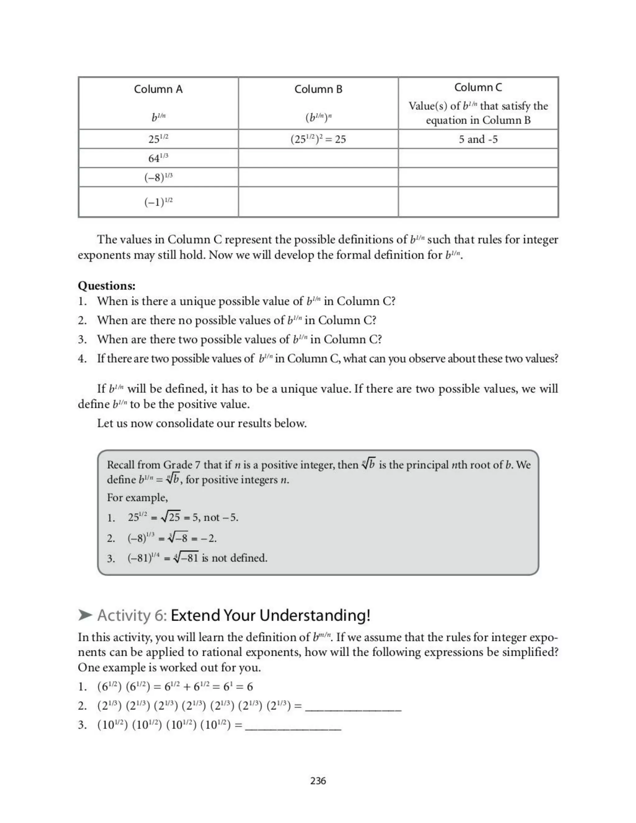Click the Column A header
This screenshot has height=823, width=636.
click(158, 89)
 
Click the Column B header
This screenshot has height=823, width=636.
click(318, 89)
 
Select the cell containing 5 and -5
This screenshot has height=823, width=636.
click(478, 139)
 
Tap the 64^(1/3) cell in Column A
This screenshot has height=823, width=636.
click(158, 158)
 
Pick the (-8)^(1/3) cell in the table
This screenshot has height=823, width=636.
click(158, 177)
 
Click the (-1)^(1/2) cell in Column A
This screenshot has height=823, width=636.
click(158, 202)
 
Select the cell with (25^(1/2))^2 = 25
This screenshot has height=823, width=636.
click(318, 139)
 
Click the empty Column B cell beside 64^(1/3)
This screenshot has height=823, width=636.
click(318, 158)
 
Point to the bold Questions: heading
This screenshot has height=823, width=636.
click(107, 286)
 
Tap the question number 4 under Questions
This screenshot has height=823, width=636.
click(82, 358)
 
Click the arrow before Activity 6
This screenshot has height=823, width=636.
click(85, 615)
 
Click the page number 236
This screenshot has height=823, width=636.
click(318, 781)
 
